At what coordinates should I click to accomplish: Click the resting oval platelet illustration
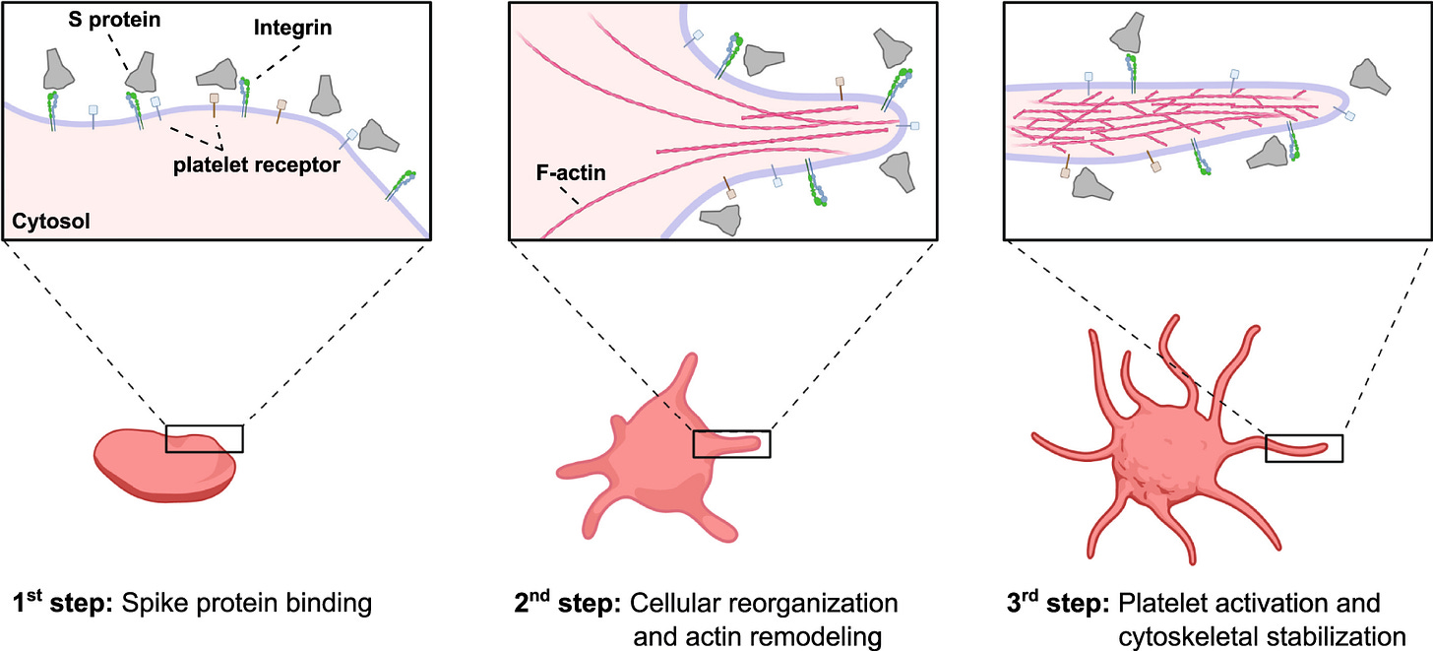point(165,465)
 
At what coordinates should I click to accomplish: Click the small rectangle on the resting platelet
point(204,439)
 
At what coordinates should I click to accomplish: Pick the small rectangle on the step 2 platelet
point(731,444)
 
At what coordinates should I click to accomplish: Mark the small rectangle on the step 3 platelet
point(1303,448)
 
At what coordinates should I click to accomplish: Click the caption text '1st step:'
point(58,602)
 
